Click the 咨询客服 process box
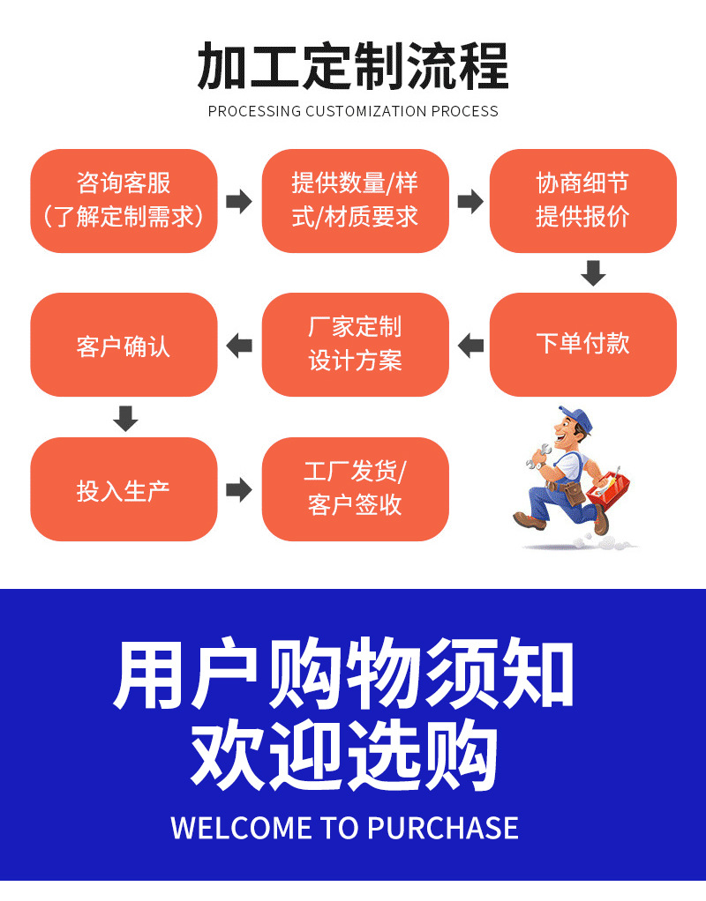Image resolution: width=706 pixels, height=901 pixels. pyautogui.click(x=124, y=201)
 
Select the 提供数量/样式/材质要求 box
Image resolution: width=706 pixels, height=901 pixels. pyautogui.click(x=355, y=201)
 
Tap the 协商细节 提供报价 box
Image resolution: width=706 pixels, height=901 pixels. pyautogui.click(x=582, y=201)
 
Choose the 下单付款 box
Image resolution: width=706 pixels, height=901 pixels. pyautogui.click(x=582, y=345)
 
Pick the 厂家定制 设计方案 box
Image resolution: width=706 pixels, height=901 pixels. pyautogui.click(x=355, y=345)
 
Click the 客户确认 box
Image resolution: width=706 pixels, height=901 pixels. pyautogui.click(x=124, y=345)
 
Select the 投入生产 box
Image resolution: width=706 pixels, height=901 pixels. pyautogui.click(x=124, y=489)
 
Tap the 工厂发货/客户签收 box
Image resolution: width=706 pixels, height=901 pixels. pyautogui.click(x=355, y=489)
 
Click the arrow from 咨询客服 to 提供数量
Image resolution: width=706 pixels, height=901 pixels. pyautogui.click(x=239, y=201)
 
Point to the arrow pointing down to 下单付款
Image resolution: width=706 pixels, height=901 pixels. pyautogui.click(x=593, y=272)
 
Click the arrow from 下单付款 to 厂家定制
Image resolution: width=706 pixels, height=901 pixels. pyautogui.click(x=470, y=345)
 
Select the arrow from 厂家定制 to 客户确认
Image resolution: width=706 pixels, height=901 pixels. pyautogui.click(x=239, y=345)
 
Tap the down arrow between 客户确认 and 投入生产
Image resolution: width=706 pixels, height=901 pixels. pyautogui.click(x=126, y=418)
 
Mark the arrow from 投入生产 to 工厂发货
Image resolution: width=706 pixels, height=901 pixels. pyautogui.click(x=239, y=489)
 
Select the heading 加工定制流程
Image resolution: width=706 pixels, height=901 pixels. pyautogui.click(x=353, y=66)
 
